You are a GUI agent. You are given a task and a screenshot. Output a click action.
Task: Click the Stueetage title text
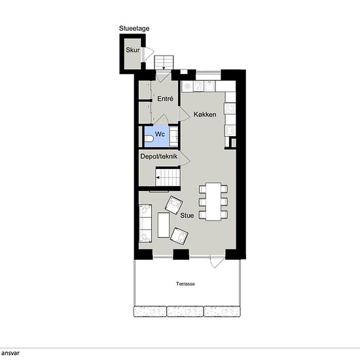point(134,28)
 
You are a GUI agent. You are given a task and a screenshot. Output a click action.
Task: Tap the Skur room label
point(133,50)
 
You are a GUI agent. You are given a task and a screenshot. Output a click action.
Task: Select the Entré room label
point(165,99)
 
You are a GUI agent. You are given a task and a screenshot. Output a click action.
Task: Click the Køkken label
point(205,115)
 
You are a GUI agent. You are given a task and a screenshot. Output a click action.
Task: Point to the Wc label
point(160,134)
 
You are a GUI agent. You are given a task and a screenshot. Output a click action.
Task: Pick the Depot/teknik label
point(158,156)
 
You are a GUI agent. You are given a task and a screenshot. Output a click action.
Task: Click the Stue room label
point(187,215)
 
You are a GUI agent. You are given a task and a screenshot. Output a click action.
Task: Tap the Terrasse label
point(185,284)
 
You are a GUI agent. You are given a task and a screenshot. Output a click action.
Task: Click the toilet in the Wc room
point(149,139)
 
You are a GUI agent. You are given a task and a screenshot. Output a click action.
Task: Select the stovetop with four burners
point(230,109)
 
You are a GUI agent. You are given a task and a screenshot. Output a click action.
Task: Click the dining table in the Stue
point(213,202)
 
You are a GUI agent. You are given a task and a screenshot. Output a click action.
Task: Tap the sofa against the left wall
point(145,223)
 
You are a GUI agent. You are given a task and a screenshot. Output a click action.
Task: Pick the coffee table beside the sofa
point(164,225)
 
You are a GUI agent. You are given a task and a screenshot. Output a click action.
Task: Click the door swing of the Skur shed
point(148,54)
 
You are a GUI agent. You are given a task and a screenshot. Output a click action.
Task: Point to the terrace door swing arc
point(217,262)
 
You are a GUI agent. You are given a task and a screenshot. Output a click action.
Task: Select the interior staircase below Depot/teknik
point(168,177)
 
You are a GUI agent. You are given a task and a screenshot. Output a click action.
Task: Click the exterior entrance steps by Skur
point(164,62)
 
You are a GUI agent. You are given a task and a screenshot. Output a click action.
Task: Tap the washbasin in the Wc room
point(173,136)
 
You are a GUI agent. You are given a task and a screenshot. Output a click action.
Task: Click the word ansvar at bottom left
point(10,353)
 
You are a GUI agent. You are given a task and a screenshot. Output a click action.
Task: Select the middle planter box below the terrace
point(185,312)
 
